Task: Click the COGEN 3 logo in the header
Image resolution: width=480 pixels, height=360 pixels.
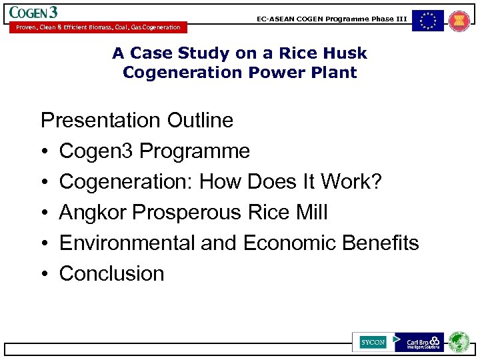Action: pyautogui.click(x=33, y=12)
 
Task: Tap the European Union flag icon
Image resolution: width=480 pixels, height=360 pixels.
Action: pyautogui.click(x=427, y=21)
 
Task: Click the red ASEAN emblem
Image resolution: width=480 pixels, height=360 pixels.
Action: pyautogui.click(x=459, y=21)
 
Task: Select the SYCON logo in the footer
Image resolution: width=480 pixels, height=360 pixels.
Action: pyautogui.click(x=373, y=342)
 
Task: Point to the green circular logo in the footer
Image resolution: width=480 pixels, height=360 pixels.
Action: pyautogui.click(x=459, y=342)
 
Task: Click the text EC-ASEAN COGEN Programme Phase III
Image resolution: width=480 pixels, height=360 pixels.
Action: pyautogui.click(x=331, y=19)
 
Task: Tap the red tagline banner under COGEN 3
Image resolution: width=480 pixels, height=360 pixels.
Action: pyautogui.click(x=95, y=27)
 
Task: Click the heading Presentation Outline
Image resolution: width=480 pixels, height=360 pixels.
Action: pyautogui.click(x=137, y=121)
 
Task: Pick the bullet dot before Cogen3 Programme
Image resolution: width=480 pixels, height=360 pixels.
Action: pyautogui.click(x=45, y=152)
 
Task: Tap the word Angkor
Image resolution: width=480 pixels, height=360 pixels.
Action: pyautogui.click(x=93, y=213)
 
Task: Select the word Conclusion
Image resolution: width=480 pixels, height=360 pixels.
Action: pyautogui.click(x=111, y=274)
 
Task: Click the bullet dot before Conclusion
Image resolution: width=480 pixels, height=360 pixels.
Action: pyautogui.click(x=45, y=275)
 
